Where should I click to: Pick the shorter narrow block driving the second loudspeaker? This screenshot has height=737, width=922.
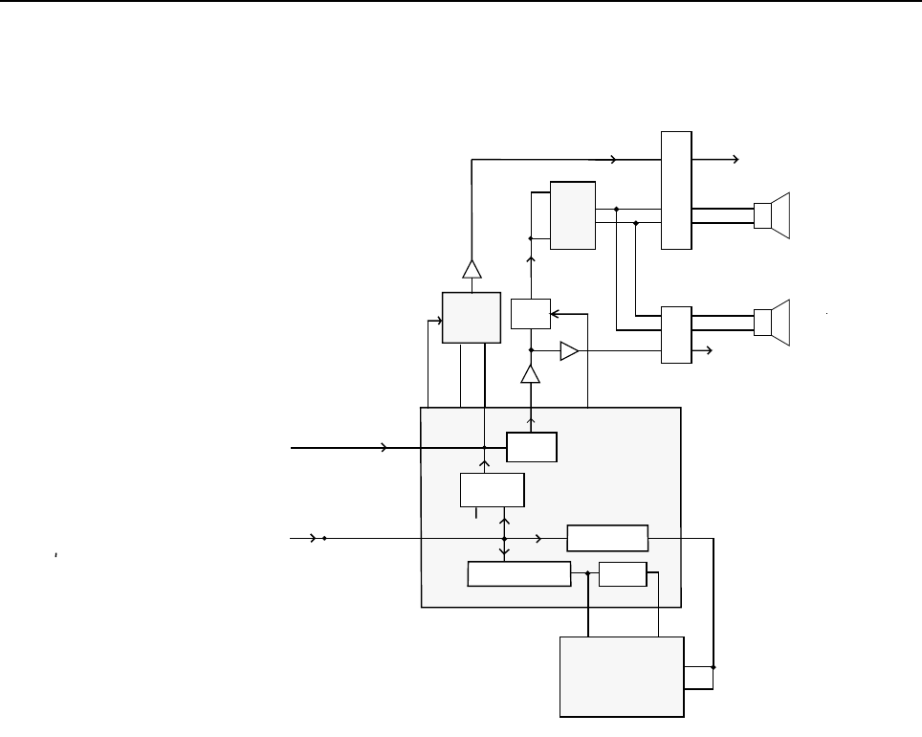(x=676, y=335)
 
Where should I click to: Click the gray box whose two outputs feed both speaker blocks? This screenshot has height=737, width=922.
(x=573, y=215)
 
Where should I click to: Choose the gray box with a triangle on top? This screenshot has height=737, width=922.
(x=472, y=317)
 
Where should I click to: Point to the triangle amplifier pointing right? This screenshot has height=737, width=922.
(x=569, y=351)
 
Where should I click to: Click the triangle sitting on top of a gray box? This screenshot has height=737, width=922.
(x=472, y=269)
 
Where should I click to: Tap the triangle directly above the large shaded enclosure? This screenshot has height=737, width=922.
(x=530, y=375)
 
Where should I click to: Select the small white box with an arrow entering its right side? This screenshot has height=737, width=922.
(x=530, y=314)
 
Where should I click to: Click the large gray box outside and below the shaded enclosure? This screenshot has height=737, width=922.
(x=622, y=676)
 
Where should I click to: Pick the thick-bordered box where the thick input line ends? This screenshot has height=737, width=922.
(x=532, y=447)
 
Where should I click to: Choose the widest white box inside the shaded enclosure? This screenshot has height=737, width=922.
(x=518, y=574)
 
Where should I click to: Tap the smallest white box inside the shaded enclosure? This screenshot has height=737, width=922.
(x=622, y=574)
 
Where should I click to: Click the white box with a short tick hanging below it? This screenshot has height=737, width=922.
(x=492, y=489)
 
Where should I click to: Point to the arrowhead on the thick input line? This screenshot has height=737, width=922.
(x=384, y=447)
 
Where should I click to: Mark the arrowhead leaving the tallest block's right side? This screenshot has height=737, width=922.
(x=735, y=159)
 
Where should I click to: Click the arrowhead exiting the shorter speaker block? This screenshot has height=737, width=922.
(x=708, y=351)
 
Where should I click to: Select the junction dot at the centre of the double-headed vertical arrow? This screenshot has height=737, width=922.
(x=504, y=539)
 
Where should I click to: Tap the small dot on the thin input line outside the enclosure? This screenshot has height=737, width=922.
(x=324, y=539)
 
